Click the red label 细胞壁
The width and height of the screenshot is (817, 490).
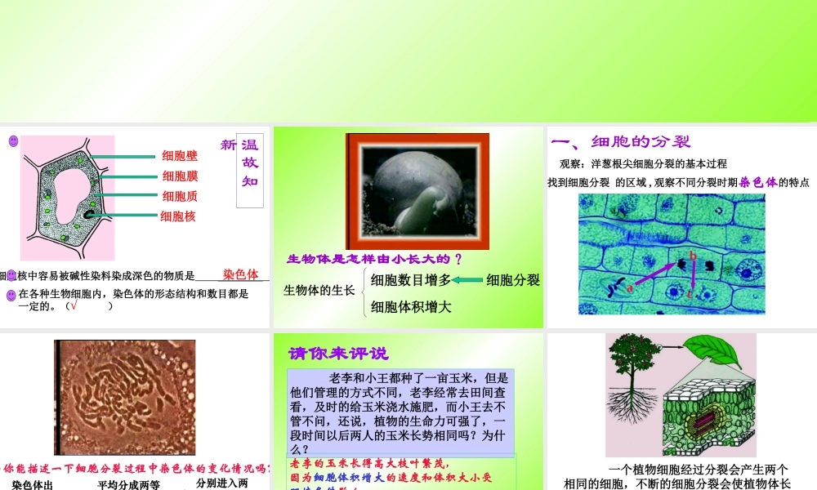pyautogui.click(x=180, y=155)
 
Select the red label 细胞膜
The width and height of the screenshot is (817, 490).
pyautogui.click(x=180, y=176)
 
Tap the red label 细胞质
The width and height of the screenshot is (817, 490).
pyautogui.click(x=180, y=196)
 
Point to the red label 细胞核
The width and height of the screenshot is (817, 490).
pyautogui.click(x=178, y=216)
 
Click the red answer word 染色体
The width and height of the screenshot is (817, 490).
pyautogui.click(x=240, y=274)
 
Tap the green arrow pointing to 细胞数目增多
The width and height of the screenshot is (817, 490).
pyautogui.click(x=467, y=280)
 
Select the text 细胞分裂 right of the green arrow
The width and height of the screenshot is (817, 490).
pyautogui.click(x=513, y=280)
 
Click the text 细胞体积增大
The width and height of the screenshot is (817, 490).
pyautogui.click(x=411, y=307)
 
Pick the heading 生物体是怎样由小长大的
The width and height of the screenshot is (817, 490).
pyautogui.click(x=374, y=259)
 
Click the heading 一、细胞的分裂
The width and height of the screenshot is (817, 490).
pyautogui.click(x=621, y=141)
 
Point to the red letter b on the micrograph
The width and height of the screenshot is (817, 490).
pyautogui.click(x=693, y=256)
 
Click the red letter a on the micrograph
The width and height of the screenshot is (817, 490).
pyautogui.click(x=631, y=287)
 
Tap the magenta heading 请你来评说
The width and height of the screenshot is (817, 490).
pyautogui.click(x=338, y=354)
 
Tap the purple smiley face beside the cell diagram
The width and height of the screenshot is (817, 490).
pyautogui.click(x=13, y=141)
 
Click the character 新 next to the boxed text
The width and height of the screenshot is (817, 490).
pyautogui.click(x=228, y=145)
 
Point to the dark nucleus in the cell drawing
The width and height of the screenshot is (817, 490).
pyautogui.click(x=87, y=214)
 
